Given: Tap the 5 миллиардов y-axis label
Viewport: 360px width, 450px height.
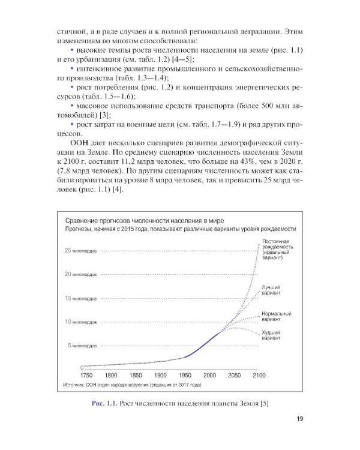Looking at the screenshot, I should pos(78,346).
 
